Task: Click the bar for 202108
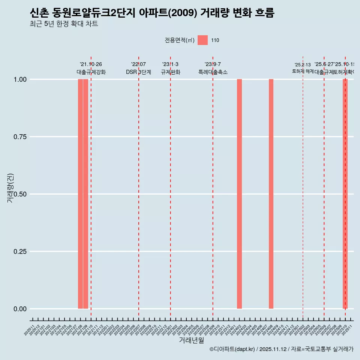point(80,194)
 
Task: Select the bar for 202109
point(85,194)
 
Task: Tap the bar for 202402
point(239,194)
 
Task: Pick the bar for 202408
point(271,194)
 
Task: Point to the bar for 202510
point(345,194)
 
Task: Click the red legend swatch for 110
point(202,40)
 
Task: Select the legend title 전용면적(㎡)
point(180,40)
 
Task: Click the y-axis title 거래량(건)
point(10,188)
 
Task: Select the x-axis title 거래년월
point(192,340)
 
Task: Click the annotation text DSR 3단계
point(138,72)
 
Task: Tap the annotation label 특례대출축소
point(213,72)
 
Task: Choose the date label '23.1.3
point(170,64)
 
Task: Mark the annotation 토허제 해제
point(303,71)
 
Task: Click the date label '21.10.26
point(91,64)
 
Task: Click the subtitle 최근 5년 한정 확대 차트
point(64,24)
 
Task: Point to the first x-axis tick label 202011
point(29,330)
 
